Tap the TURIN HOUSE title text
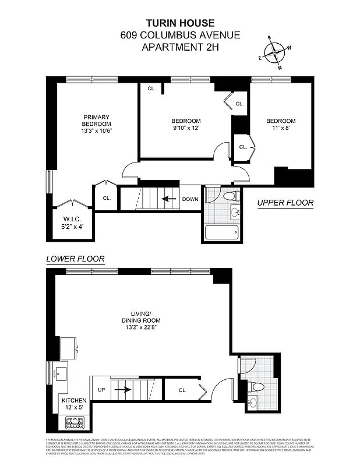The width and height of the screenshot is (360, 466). tap(179, 23)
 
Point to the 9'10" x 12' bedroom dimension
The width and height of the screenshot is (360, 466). tap(186, 128)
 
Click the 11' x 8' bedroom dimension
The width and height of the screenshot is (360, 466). tap(281, 128)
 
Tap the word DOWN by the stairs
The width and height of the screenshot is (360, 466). tap(190, 199)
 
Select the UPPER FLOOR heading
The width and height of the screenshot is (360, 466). tap(285, 203)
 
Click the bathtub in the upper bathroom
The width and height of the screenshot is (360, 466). tap(221, 233)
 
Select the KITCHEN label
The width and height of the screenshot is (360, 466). tap(74, 401)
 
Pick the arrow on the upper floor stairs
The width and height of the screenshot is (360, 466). tap(168, 199)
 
